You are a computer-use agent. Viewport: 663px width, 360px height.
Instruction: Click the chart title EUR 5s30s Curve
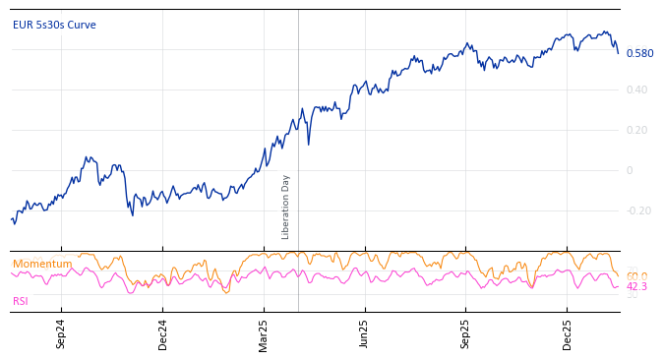tap(54, 25)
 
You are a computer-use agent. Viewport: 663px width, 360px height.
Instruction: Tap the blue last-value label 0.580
tap(639, 53)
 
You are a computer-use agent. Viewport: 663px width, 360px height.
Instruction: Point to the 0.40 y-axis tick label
tap(636, 90)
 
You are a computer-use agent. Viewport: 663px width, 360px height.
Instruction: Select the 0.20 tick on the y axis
tap(636, 131)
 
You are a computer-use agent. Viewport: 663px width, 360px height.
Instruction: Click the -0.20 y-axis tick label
tap(638, 210)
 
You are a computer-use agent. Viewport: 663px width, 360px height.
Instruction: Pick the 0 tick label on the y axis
tap(630, 170)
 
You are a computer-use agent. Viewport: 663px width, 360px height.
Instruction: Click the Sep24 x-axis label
tap(61, 334)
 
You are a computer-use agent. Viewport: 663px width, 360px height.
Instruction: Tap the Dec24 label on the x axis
tap(163, 334)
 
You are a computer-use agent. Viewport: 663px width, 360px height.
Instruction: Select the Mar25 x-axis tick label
tap(264, 334)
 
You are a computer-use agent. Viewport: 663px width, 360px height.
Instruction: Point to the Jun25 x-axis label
tap(365, 334)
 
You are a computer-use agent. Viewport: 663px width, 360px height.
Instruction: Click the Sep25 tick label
tap(466, 334)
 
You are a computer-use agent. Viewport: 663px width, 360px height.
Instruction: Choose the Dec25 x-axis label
tap(568, 334)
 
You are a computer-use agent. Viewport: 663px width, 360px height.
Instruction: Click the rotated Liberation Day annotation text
tap(286, 207)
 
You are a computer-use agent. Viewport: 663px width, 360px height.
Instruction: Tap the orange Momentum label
tap(42, 264)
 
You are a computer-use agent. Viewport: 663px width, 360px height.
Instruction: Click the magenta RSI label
tap(21, 301)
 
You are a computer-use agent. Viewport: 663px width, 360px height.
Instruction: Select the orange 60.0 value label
tap(636, 276)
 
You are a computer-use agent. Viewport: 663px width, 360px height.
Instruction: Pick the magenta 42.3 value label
tap(636, 287)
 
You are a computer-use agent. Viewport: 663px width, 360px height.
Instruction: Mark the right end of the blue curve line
tap(618, 53)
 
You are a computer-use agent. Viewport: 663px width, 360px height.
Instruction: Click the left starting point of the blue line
tap(12, 219)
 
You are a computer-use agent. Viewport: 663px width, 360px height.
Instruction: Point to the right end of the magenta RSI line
tap(618, 286)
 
